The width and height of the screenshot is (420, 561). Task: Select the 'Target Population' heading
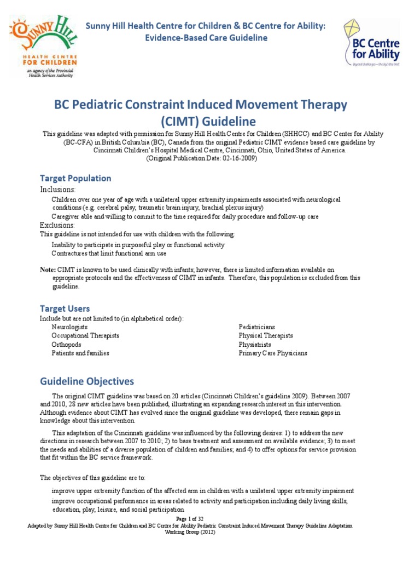pos(75,178)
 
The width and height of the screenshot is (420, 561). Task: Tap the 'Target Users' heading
pos(65,308)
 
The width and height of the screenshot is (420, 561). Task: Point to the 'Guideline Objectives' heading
pos(86,381)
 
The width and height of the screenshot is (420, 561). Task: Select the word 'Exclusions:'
pos(57,225)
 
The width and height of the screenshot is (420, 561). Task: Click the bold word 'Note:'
pos(48,270)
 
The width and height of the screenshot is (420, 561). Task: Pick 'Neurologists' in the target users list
pos(69,327)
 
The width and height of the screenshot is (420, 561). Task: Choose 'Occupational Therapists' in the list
pos(85,336)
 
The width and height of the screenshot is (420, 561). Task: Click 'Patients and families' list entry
pos(80,353)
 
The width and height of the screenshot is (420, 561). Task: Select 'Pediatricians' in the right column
pos(256,327)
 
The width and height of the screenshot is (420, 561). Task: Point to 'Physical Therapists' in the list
pos(265,336)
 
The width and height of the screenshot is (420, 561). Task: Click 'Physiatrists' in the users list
pos(255,345)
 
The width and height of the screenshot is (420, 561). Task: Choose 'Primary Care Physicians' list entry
pos(272,353)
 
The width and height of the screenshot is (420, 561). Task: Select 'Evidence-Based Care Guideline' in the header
pos(205,38)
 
